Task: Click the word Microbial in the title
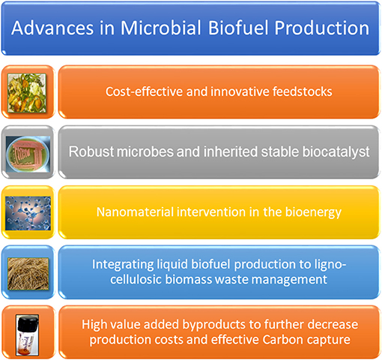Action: point(161,28)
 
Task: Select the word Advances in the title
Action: point(52,28)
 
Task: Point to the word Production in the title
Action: point(322,28)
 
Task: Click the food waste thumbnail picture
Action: point(27,93)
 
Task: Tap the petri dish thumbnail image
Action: point(28,154)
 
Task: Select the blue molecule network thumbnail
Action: point(28,213)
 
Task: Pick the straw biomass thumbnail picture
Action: point(28,274)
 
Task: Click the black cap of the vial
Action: point(28,322)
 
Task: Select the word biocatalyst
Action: point(336,151)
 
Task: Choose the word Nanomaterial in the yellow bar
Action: point(135,211)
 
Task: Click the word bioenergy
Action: point(313,212)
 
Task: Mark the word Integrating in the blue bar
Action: point(123,265)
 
